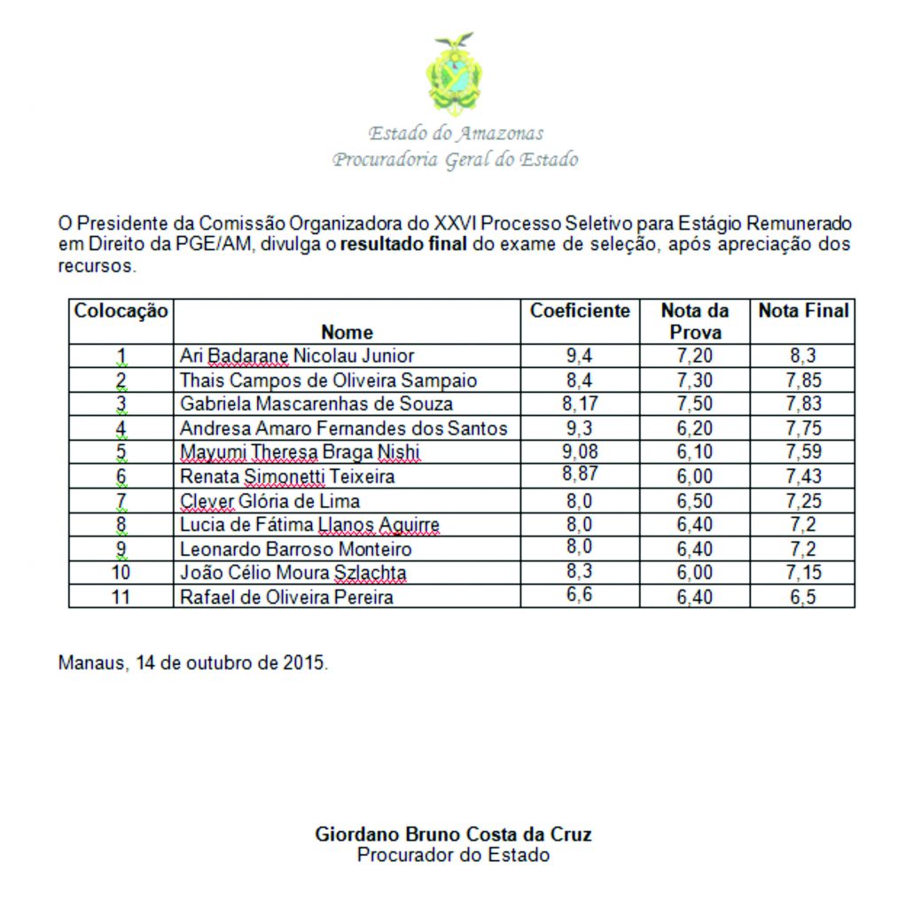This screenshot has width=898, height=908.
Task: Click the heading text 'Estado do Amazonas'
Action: [456, 134]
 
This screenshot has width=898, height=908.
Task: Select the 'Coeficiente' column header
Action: [580, 311]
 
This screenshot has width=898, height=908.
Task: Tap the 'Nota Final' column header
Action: [803, 311]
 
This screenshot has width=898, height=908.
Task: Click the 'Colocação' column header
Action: [121, 311]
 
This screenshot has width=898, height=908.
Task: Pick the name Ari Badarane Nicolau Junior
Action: [297, 356]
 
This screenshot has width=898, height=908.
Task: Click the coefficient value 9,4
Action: [580, 356]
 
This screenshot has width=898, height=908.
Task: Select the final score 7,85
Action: [803, 380]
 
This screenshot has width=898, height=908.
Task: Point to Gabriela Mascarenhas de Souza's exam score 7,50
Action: [695, 404]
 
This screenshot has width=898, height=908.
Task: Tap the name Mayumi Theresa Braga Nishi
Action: [300, 453]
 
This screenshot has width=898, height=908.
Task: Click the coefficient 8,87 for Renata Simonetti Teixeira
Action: [580, 474]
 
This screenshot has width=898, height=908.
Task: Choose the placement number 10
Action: [121, 573]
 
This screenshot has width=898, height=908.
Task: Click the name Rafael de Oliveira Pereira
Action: [286, 597]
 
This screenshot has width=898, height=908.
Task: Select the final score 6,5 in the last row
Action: [803, 597]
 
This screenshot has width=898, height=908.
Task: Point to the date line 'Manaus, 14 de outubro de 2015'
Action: [192, 662]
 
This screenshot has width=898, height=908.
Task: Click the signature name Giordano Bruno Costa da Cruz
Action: [453, 834]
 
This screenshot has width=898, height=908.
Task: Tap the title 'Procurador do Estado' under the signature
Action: [453, 856]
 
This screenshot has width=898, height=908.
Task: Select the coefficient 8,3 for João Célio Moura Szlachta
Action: [580, 573]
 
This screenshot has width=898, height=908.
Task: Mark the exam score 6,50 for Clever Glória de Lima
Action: [695, 501]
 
